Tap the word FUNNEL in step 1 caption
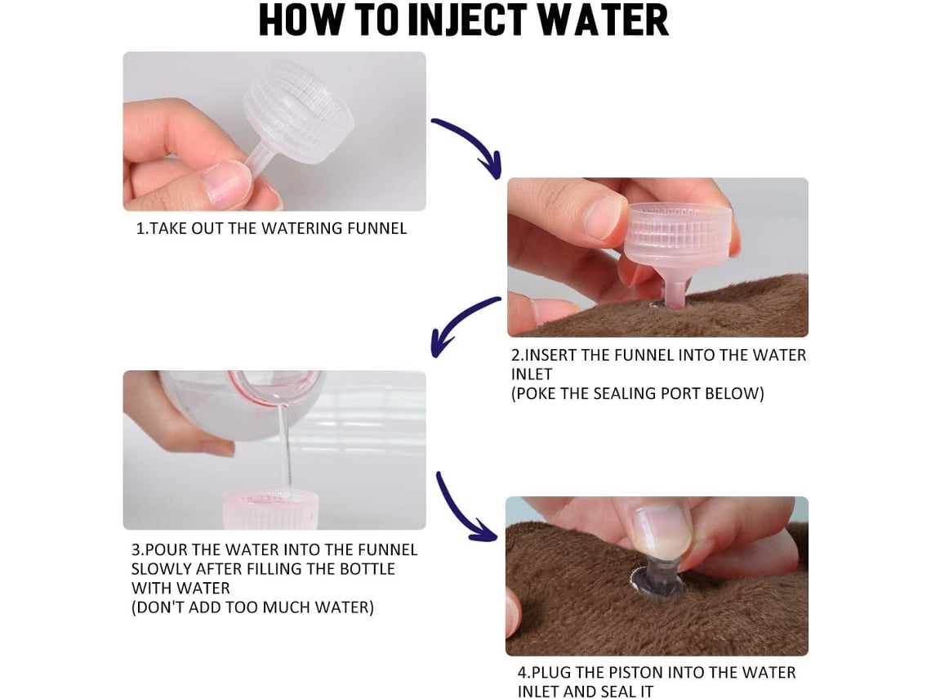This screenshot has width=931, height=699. [x=377, y=228]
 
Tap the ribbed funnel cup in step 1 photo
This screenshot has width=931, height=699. [x=299, y=117]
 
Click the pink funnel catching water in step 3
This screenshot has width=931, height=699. [x=271, y=510]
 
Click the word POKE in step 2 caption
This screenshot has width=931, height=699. [x=536, y=393]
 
